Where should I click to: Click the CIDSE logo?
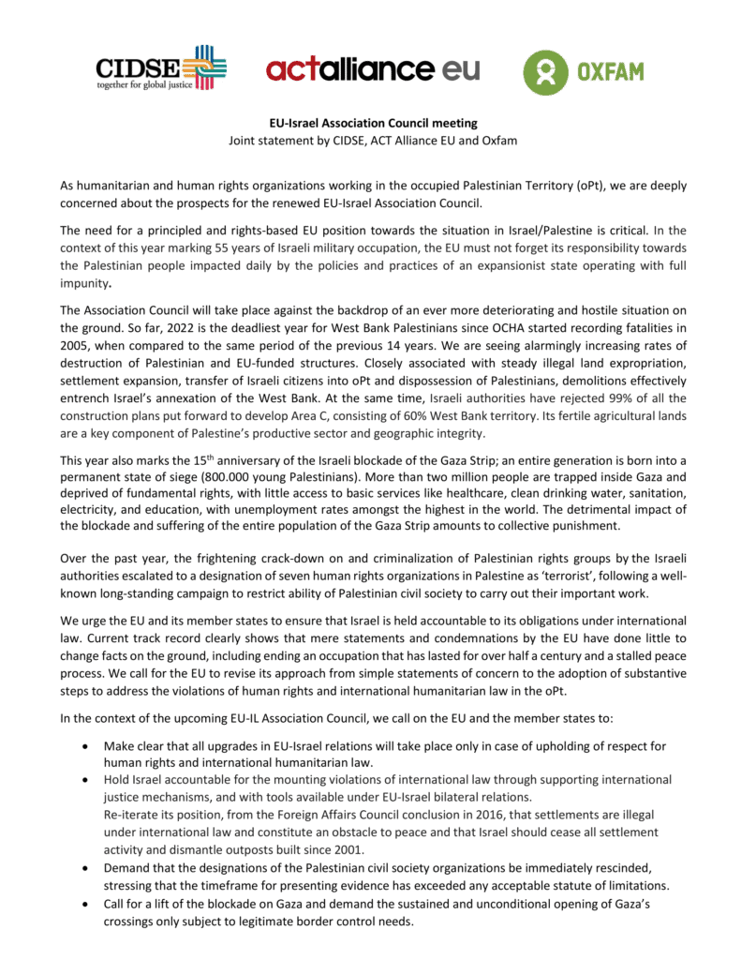coord(160,68)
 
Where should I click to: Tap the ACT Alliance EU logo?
coord(372,69)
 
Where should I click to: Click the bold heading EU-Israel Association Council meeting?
coord(370,123)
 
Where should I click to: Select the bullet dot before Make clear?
coord(86,746)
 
